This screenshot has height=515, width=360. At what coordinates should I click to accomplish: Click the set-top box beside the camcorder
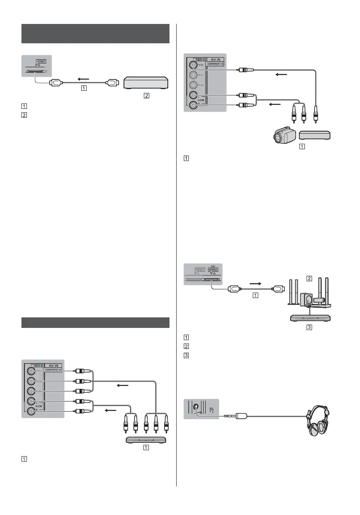coord(315,135)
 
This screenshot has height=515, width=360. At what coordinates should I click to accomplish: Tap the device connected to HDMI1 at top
coord(146,83)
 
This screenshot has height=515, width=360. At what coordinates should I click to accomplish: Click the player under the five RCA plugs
coord(146,440)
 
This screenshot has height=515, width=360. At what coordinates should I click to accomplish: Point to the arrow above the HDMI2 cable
coord(255,284)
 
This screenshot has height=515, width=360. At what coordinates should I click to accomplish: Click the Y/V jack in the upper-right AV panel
coord(193,66)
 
